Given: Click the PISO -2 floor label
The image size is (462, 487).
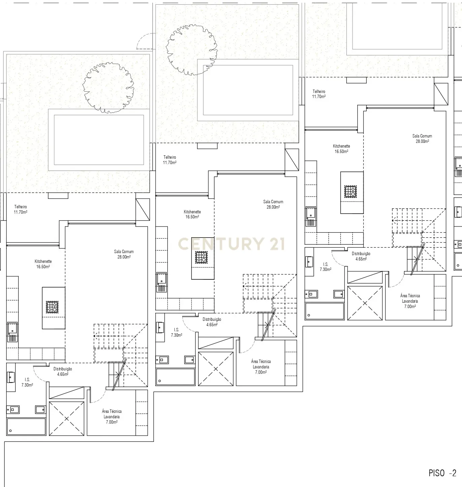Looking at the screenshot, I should [x=442, y=473].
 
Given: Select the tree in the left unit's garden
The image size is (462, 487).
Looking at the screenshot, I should [x=108, y=87].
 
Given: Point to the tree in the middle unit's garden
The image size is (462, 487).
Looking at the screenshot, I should [x=191, y=49].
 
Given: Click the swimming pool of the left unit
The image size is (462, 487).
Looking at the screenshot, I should [x=99, y=140].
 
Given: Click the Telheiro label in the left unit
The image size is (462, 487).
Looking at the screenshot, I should [x=21, y=207].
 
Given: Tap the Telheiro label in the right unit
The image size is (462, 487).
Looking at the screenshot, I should [x=319, y=92].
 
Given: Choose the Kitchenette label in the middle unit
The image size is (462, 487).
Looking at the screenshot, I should [x=192, y=212].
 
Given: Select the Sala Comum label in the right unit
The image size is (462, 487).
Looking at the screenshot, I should [x=422, y=136].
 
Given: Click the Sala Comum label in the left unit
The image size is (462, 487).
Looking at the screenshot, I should [x=124, y=252].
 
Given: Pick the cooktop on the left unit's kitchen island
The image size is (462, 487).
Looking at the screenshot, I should [x=52, y=307].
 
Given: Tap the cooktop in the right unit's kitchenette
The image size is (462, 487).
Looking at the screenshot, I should [x=350, y=192].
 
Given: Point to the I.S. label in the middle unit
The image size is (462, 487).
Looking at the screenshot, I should [x=176, y=330].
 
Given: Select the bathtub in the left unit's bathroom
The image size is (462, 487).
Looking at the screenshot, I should [x=26, y=427].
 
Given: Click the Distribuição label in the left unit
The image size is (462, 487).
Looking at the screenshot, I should [x=63, y=369].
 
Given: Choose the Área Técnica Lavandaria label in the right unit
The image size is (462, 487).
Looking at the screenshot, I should [x=410, y=298].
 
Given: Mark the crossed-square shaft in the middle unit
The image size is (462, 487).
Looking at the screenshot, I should [x=216, y=369].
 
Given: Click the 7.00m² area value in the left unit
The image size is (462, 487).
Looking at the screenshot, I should [x=111, y=422].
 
